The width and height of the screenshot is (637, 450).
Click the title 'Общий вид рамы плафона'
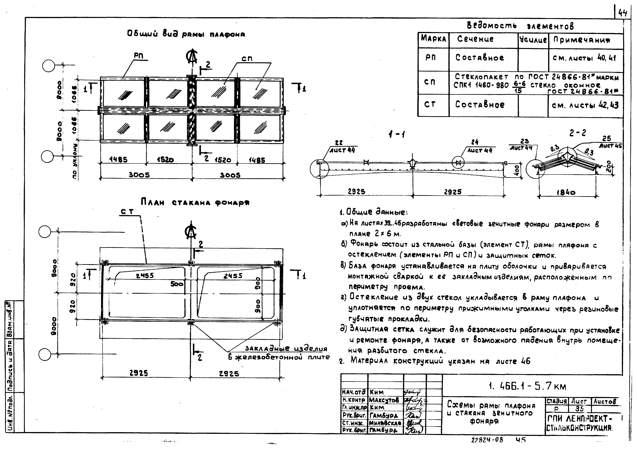point(186,34)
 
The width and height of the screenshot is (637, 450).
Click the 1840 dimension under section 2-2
point(566,192)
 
